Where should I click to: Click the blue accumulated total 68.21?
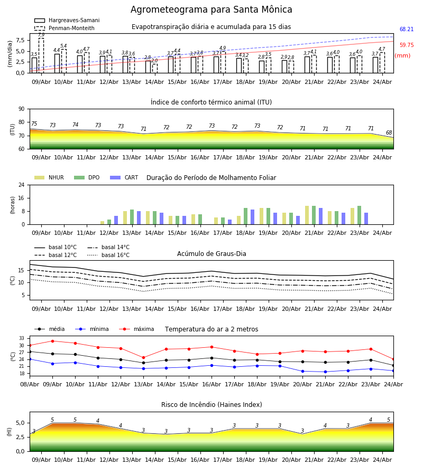(x=406, y=29)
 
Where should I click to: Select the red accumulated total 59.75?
(x=406, y=45)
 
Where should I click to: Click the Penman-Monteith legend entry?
(x=65, y=28)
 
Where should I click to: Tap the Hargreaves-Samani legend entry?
(x=67, y=20)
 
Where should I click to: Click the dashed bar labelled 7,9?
(x=41, y=55)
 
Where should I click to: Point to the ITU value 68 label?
(x=389, y=132)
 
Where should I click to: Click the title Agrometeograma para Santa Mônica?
(x=211, y=9)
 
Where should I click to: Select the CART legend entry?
(x=124, y=177)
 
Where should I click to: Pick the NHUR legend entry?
(x=49, y=177)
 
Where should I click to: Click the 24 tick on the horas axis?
(x=22, y=185)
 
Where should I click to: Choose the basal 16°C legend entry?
(x=108, y=255)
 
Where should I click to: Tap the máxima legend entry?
(x=136, y=329)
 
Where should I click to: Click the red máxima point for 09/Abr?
(x=52, y=341)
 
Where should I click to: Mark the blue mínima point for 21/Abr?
(x=326, y=372)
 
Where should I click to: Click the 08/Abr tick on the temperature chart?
(x=30, y=384)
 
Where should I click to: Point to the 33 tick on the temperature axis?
(x=22, y=338)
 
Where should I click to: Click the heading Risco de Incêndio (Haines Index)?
(x=212, y=405)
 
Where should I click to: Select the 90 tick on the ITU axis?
(x=22, y=109)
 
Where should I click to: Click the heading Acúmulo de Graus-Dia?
(x=212, y=254)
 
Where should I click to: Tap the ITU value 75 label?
(x=34, y=123)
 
